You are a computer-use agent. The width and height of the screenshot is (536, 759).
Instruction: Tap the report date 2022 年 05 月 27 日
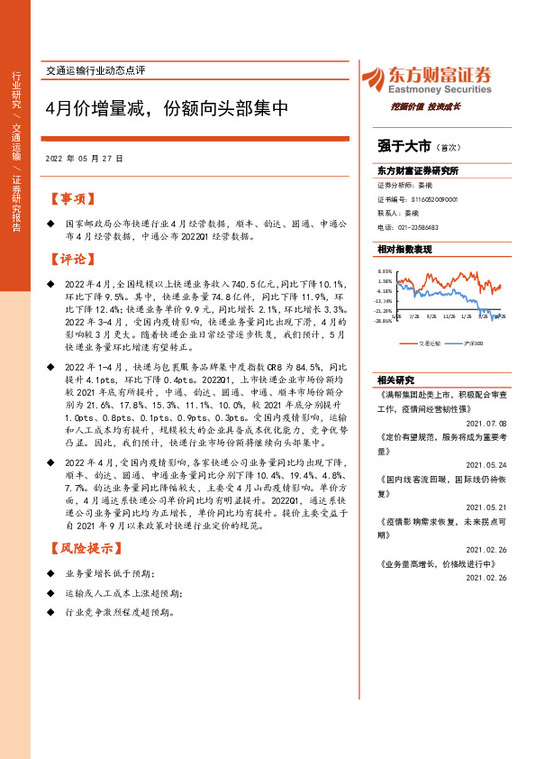84,158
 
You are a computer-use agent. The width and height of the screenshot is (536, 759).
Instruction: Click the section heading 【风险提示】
82,548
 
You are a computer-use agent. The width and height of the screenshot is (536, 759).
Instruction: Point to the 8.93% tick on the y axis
385,270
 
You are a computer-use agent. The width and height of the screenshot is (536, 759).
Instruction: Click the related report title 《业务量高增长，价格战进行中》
436,563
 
